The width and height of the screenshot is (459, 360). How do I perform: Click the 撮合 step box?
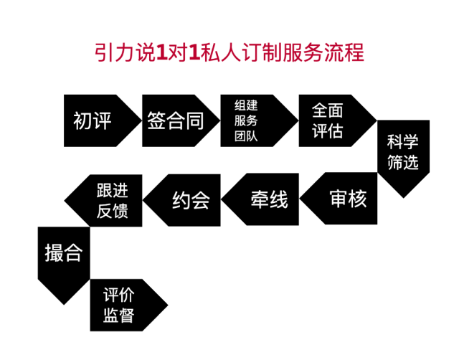coord(64,252)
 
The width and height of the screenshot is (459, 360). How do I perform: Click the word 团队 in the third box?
coord(246,136)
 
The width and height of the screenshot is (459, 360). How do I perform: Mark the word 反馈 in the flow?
coord(112,211)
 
